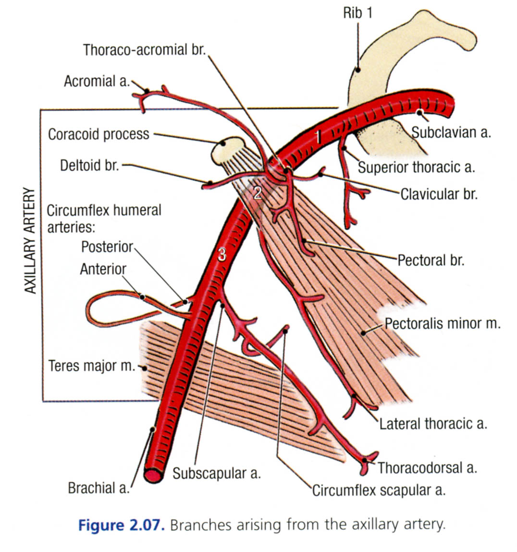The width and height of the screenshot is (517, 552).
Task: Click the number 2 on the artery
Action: click(x=258, y=193)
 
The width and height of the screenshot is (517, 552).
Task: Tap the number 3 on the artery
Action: click(x=222, y=255)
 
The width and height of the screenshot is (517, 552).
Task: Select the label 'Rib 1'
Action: click(x=357, y=13)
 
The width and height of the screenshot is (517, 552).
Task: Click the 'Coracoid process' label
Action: click(x=98, y=134)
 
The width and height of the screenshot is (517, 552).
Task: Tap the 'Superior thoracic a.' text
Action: click(x=416, y=167)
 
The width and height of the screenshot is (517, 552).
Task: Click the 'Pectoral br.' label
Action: click(x=431, y=260)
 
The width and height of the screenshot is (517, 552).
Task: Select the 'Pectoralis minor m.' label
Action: click(x=443, y=323)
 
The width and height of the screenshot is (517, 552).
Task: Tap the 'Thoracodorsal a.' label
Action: click(x=427, y=467)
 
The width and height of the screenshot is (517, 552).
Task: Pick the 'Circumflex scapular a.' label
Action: click(x=379, y=490)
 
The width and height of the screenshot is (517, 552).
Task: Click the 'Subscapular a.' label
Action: click(x=217, y=473)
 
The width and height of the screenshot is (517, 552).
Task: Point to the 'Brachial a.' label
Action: click(x=99, y=488)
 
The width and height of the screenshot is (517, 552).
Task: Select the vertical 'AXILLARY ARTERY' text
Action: click(x=30, y=241)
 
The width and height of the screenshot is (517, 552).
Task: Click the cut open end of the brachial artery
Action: click(x=153, y=475)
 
